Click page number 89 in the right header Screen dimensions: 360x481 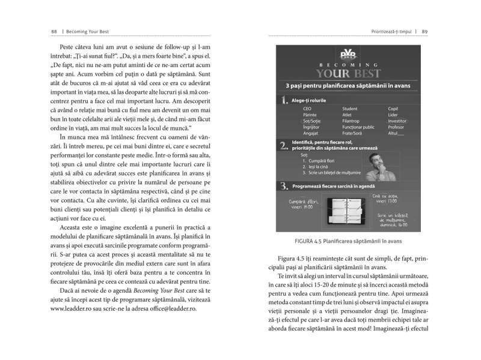pos(425,31)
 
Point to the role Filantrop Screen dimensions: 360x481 pos(351,121)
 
